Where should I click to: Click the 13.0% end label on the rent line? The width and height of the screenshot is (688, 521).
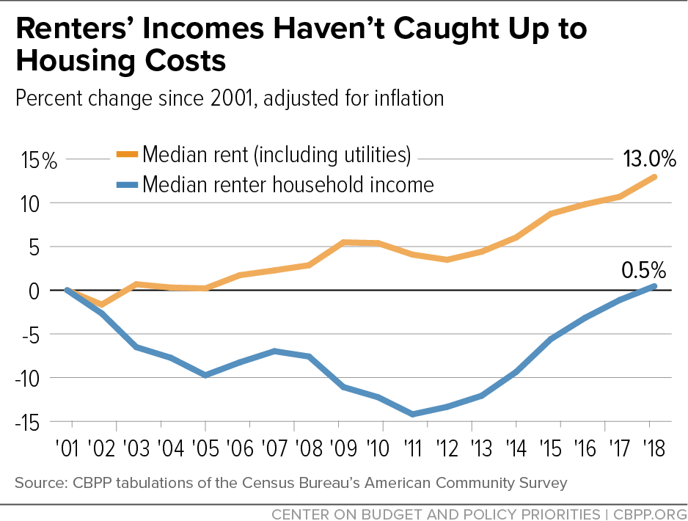tap(648, 159)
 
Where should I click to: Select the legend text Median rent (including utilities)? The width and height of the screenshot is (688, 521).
tap(277, 156)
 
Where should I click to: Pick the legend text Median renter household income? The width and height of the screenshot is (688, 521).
tap(288, 184)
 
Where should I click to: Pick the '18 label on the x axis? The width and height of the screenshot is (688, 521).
tap(650, 448)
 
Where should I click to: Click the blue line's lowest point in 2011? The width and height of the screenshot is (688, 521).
tap(413, 415)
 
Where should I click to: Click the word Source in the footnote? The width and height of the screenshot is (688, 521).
tap(36, 482)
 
